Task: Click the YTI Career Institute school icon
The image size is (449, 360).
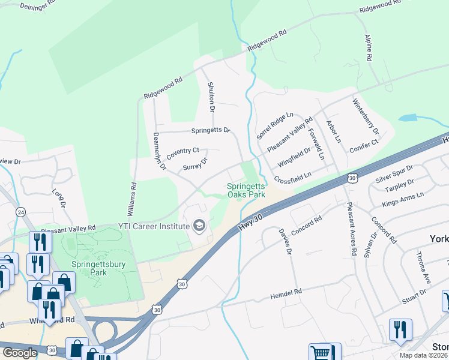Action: coord(199,226)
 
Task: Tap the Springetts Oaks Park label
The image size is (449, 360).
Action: coord(246,191)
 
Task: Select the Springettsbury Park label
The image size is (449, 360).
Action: coord(98,268)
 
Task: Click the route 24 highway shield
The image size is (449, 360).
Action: coord(21,212)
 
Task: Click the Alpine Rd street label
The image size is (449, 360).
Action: coord(368,47)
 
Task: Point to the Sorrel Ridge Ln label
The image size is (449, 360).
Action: coord(275,123)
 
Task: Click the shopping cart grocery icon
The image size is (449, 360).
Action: coord(321,353)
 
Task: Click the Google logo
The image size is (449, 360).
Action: coord(20,353)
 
